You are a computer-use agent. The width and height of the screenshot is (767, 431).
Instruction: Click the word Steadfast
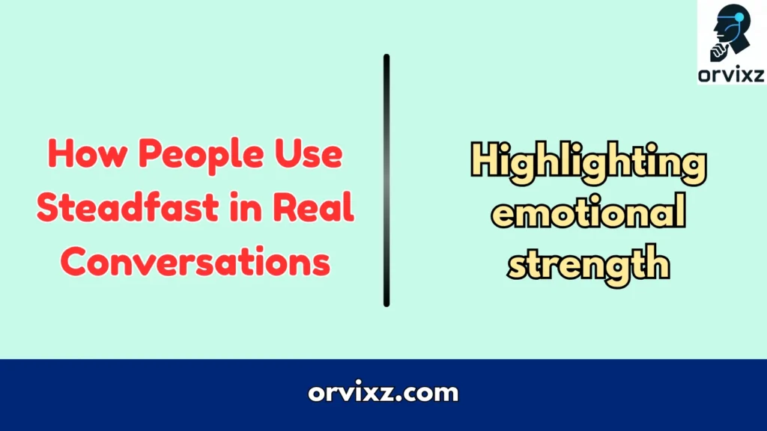pos(127,210)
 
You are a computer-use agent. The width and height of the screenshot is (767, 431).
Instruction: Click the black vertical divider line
pos(386,180)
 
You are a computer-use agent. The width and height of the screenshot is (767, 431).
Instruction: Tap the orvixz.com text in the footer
pos(383,392)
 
